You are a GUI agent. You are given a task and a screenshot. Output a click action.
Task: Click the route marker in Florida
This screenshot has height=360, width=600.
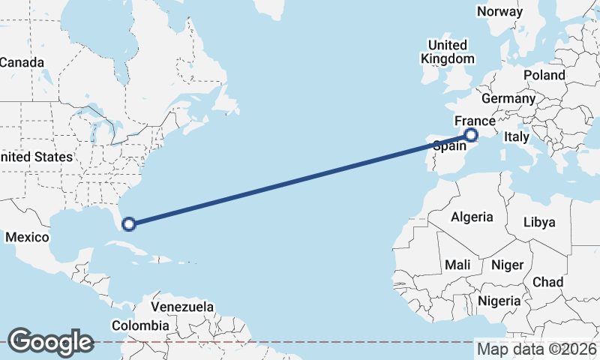click(129, 223)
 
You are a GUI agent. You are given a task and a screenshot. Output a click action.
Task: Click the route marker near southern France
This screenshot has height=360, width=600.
click(471, 135)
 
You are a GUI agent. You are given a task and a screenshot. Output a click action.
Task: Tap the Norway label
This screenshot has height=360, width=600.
click(499, 11)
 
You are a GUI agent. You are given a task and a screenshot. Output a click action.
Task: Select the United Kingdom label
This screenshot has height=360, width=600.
click(447, 52)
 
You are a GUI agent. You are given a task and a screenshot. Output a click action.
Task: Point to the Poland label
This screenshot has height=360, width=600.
click(544, 75)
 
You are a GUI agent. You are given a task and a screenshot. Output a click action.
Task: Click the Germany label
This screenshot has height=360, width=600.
click(508, 98)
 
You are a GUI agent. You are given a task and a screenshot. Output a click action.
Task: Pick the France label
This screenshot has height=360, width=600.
click(475, 121)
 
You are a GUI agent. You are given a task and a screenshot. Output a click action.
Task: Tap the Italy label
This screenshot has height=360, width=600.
click(516, 136)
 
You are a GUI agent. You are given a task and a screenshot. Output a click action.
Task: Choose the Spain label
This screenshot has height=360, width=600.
click(450, 147)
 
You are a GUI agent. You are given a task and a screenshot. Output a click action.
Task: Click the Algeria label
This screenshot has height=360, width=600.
click(472, 217)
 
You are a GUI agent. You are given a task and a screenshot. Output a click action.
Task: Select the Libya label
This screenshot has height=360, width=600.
click(539, 222)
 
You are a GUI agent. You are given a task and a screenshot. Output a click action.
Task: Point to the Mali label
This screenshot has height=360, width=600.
click(457, 265)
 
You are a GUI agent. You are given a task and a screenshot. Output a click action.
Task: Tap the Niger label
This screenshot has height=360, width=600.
click(506, 265)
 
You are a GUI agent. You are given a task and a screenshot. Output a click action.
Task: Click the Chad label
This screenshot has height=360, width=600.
click(547, 282)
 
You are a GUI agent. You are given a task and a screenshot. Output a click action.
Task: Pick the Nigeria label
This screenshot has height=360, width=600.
click(499, 300)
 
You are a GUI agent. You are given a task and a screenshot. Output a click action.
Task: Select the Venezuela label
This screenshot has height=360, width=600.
click(182, 307)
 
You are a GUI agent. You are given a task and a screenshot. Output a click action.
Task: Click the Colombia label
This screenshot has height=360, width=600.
click(140, 325)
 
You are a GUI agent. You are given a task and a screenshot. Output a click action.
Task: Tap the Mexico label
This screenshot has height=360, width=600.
click(27, 237)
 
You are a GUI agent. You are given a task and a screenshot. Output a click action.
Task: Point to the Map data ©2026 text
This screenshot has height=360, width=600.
click(536, 349)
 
